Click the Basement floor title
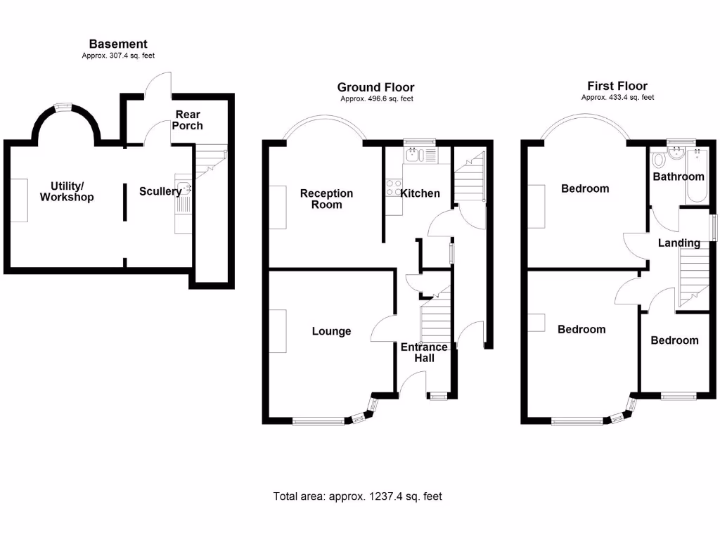[x=118, y=44]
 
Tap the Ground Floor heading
[x=375, y=87]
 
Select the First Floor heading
[x=617, y=86]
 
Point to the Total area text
[x=358, y=496]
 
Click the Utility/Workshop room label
[x=67, y=191]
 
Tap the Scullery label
[x=160, y=191]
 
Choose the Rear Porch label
[x=188, y=120]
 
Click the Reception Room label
[x=326, y=199]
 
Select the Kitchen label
[x=420, y=193]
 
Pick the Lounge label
[x=332, y=331]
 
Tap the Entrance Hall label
[x=424, y=353]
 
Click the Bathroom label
[x=679, y=176]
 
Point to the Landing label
[x=679, y=243]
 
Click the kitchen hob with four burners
[x=394, y=188]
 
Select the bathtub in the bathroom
[x=697, y=176]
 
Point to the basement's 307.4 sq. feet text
[x=118, y=56]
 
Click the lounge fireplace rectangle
[x=278, y=331]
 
